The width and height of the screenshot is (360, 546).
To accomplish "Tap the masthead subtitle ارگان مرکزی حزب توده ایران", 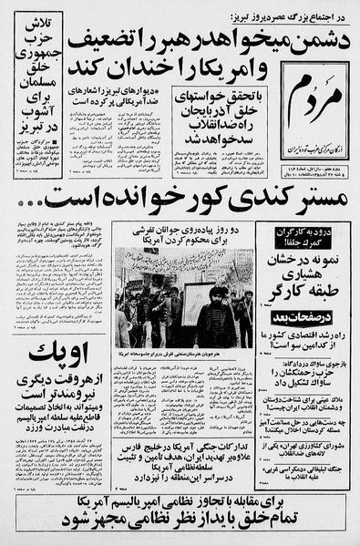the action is coord(316,136).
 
